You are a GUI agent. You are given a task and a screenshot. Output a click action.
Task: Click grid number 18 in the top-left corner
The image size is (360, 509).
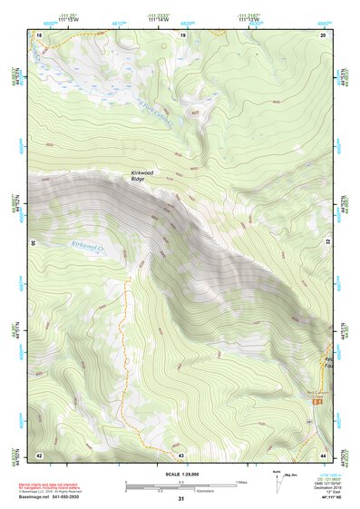coord(39,34)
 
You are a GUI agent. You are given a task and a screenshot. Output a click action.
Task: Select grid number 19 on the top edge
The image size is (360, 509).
coord(182,34)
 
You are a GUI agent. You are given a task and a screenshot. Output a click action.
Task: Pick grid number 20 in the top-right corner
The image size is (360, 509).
coord(323,34)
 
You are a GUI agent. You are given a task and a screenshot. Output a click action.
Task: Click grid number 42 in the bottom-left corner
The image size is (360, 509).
coord(39,454)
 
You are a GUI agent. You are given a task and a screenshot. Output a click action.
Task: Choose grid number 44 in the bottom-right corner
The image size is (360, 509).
coord(323,454)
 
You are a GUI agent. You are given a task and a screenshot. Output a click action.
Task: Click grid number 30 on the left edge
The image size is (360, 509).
coord(34,243)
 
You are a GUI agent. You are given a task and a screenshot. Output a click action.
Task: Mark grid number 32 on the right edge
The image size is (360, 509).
coord(327,243)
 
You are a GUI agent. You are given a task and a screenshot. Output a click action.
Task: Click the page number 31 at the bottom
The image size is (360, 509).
coord(180,499)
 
